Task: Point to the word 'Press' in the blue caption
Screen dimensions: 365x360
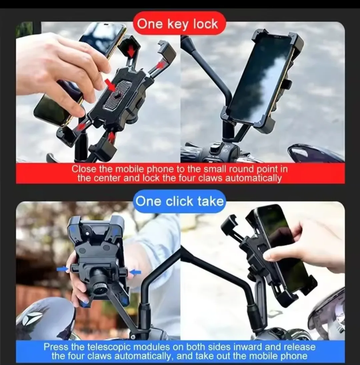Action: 56,347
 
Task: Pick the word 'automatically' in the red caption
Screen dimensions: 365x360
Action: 253,178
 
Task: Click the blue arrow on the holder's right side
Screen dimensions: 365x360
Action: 135,272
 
